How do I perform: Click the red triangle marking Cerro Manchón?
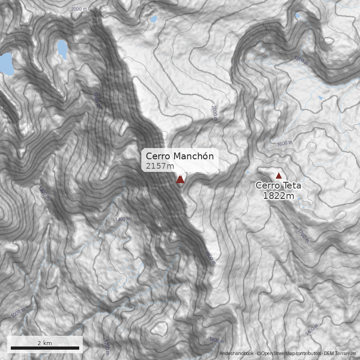180,180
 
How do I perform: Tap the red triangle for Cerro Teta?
279,176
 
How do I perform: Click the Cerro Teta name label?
279,185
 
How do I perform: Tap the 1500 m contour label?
301,60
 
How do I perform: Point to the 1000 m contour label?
18,312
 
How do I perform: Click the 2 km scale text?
45,343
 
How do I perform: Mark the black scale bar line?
45,348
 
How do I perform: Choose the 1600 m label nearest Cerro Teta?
284,144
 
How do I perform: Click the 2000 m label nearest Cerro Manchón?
214,113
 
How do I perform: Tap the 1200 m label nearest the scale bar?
107,347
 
